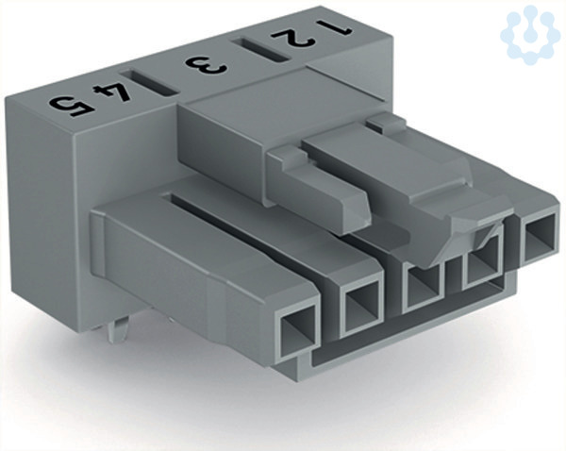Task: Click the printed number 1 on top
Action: (x=334, y=27)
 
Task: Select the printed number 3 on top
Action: (x=206, y=65)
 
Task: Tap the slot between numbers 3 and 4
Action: (x=149, y=82)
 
